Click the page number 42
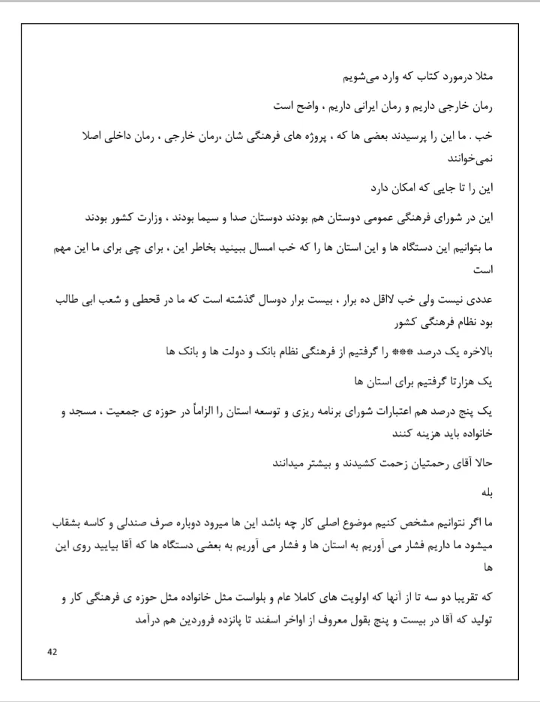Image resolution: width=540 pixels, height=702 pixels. tap(52, 652)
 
